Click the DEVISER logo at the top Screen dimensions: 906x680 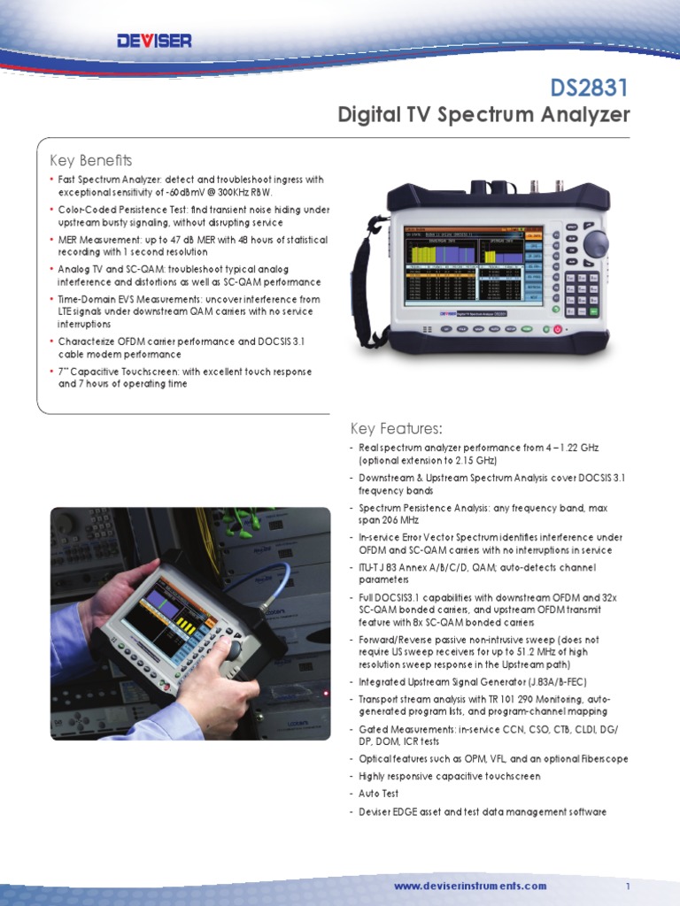click(154, 41)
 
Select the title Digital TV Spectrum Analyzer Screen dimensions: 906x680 click(483, 115)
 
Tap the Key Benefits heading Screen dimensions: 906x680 click(90, 160)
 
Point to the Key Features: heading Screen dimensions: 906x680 click(397, 429)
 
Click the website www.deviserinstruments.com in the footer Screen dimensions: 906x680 click(470, 886)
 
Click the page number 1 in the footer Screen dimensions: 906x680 click(627, 886)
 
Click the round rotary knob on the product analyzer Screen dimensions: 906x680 click(595, 243)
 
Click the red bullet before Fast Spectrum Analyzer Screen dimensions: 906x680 click(52, 180)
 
